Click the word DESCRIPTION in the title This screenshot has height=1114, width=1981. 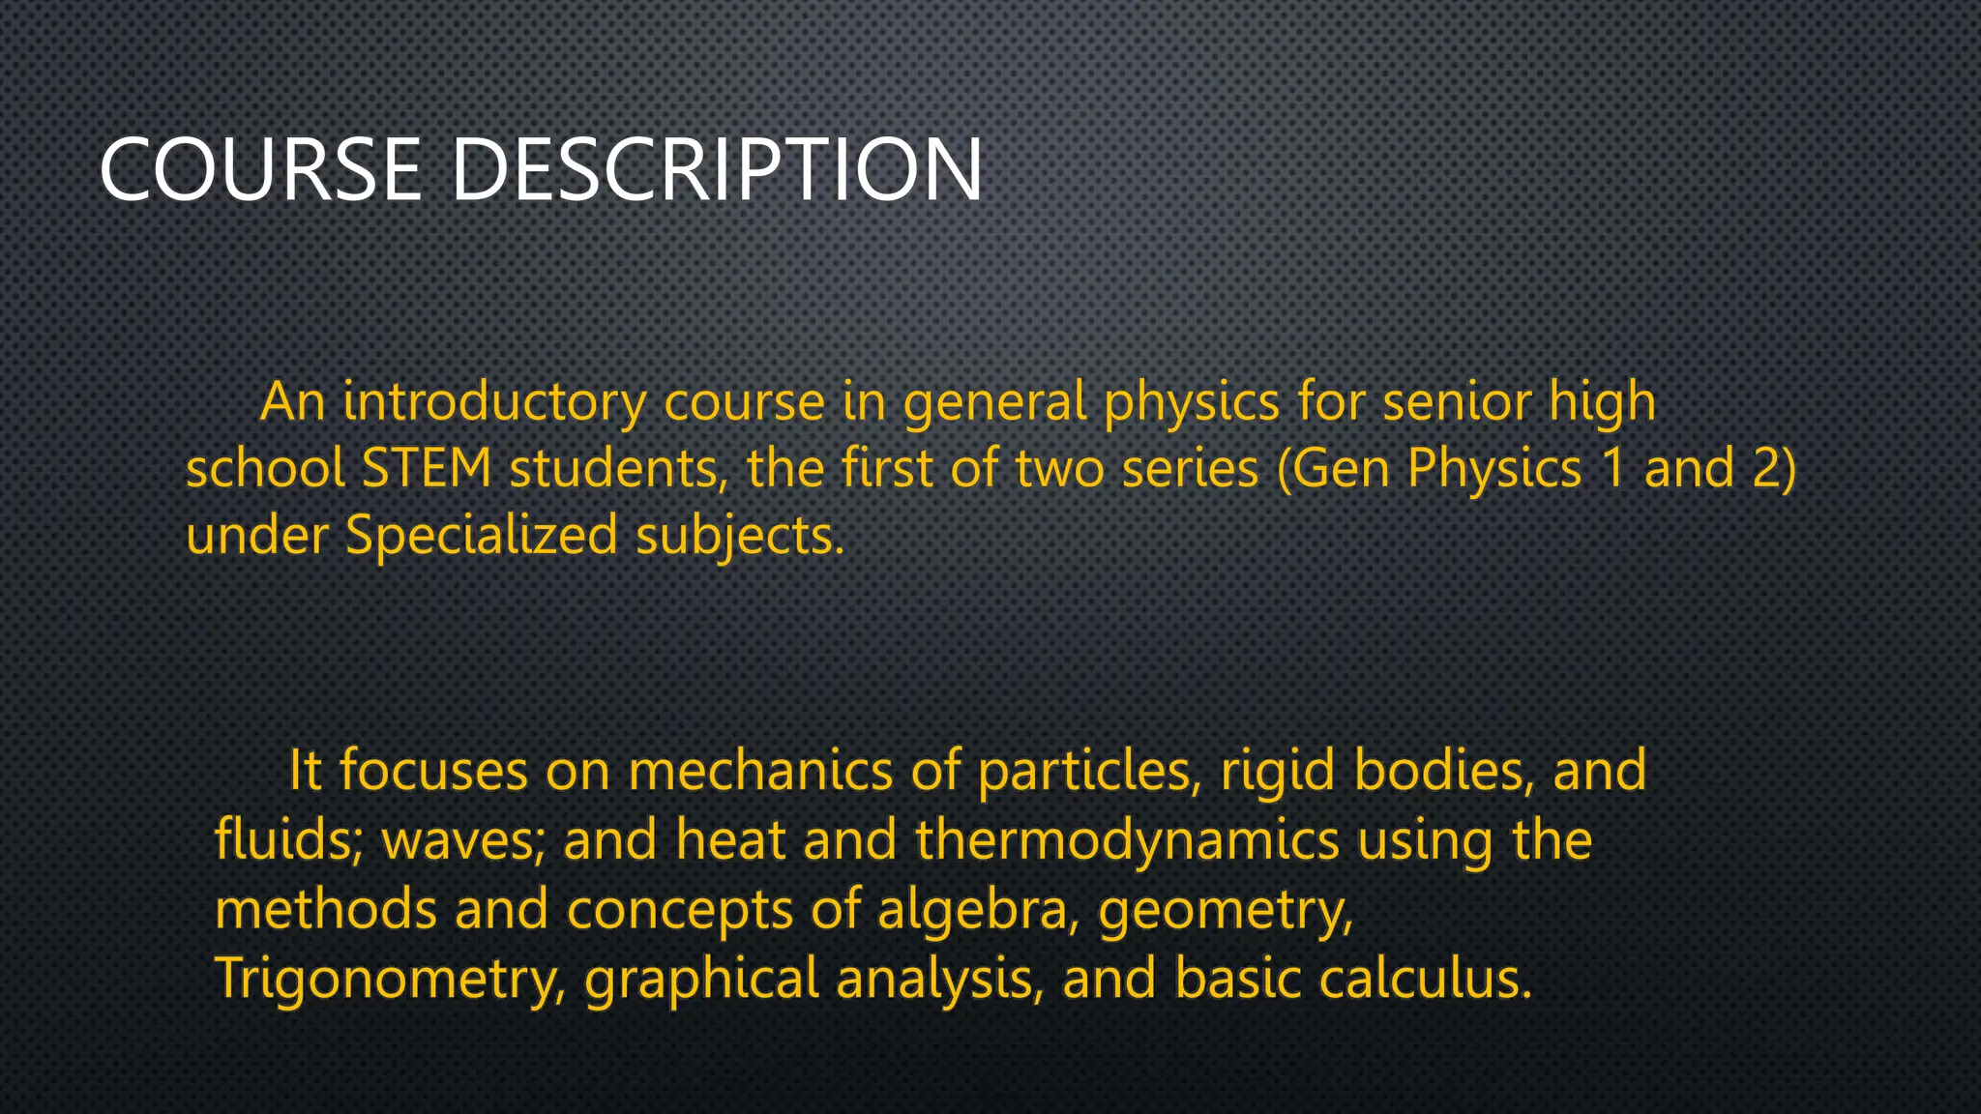pos(717,170)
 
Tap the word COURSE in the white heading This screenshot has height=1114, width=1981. pos(260,170)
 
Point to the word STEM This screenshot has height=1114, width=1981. pos(427,469)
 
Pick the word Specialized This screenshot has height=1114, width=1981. pos(482,535)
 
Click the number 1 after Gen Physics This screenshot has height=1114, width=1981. pos(1612,469)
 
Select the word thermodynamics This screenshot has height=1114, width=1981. pos(1127,840)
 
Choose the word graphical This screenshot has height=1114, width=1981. pos(702,979)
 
